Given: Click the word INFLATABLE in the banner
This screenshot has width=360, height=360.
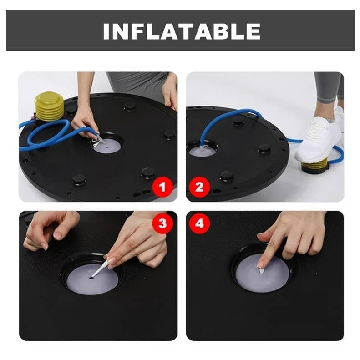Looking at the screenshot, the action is [x=182, y=31].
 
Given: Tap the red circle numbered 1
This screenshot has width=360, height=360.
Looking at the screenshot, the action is [x=162, y=187].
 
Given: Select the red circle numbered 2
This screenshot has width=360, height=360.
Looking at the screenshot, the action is [x=199, y=187].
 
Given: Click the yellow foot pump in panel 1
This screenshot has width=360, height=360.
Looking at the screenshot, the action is [x=49, y=106].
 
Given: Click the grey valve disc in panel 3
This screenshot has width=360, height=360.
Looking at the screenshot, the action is [x=92, y=281].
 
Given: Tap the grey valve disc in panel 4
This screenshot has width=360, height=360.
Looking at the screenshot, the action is [x=263, y=273].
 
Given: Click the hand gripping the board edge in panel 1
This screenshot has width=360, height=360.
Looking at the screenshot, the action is [x=170, y=92].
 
